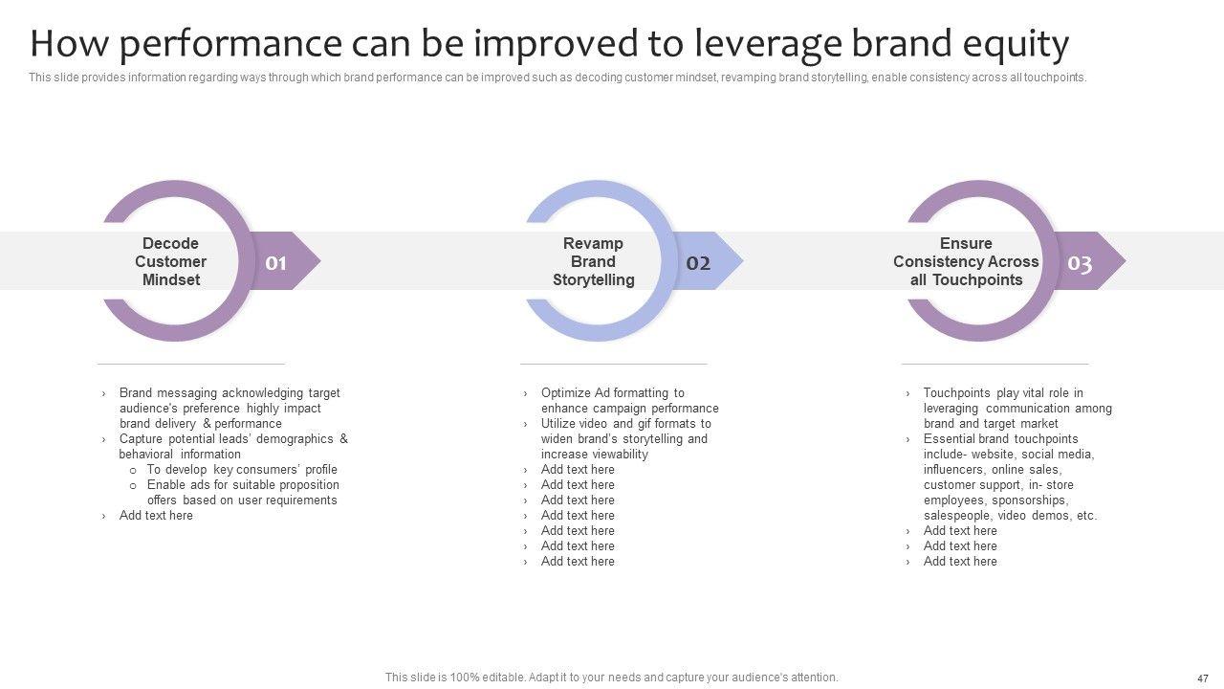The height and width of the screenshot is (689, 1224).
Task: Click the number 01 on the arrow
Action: (x=276, y=263)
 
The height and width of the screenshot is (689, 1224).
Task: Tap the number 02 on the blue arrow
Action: (x=698, y=263)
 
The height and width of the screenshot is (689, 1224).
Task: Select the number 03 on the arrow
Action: (x=1080, y=263)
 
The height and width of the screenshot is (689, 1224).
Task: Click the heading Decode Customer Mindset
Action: (x=170, y=261)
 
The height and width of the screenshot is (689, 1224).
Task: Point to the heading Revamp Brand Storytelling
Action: (x=594, y=261)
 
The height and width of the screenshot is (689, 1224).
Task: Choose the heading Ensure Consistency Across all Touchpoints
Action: (x=966, y=261)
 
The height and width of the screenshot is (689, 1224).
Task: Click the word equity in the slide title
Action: (x=1016, y=45)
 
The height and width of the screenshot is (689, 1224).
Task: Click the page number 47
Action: (x=1203, y=678)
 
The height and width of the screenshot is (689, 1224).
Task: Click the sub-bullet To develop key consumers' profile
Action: (x=242, y=469)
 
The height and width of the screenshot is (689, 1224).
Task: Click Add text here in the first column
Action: (x=156, y=515)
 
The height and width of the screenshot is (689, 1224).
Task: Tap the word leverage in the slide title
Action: (x=768, y=45)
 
